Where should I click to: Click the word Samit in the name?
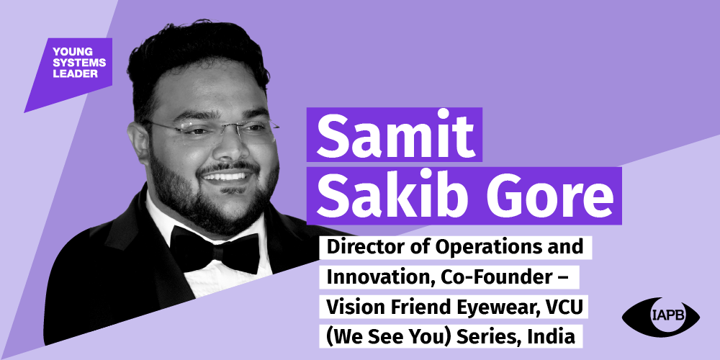(395, 135)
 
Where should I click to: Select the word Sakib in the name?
(384, 194)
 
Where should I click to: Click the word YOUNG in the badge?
(73, 51)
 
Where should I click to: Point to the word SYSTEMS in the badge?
(79, 63)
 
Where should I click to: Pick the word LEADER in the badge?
(75, 73)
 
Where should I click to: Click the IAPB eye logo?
(661, 316)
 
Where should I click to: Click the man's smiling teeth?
(225, 177)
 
